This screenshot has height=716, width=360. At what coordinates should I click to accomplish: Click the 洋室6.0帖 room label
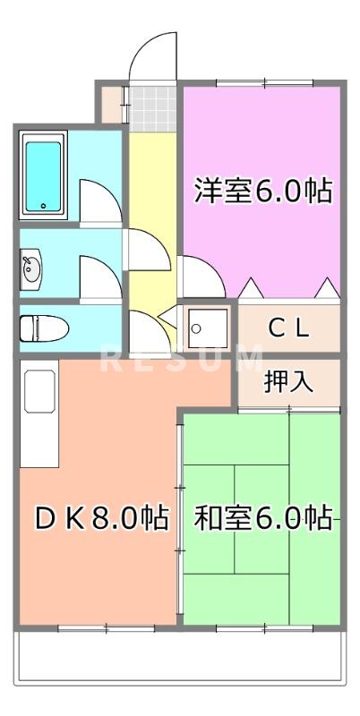tap(263, 191)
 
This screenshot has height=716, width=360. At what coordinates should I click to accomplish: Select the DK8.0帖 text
tap(100, 518)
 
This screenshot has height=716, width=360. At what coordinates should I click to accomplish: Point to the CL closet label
tap(288, 328)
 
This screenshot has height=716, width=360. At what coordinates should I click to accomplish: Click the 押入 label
tap(288, 382)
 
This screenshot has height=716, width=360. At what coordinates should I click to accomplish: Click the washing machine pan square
tap(207, 328)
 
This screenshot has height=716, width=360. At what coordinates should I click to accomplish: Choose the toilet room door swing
tap(145, 331)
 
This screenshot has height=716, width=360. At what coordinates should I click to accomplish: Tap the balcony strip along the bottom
tap(179, 659)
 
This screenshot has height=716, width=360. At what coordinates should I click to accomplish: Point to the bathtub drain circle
tap(42, 206)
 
